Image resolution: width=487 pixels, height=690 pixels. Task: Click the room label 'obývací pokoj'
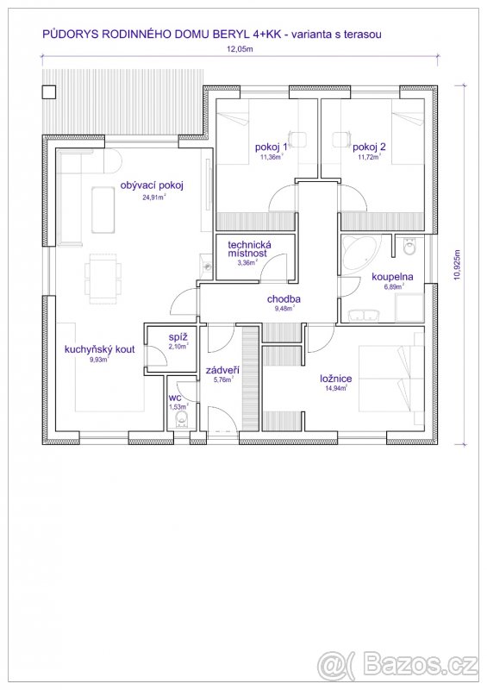152,185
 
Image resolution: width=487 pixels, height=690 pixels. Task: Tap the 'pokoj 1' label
271,147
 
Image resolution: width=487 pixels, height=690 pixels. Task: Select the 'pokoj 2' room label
369,147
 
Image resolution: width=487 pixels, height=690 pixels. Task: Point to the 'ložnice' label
336,379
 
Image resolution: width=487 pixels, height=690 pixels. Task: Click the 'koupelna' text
392,277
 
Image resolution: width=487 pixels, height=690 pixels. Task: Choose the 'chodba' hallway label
284,299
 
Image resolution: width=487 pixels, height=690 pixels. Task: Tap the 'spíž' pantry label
178,338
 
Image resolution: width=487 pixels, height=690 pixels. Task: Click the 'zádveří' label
222,371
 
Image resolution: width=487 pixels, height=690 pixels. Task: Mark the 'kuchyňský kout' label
99,350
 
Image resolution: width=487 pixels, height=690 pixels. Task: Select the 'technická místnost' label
249,249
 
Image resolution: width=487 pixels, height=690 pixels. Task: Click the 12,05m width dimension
240,49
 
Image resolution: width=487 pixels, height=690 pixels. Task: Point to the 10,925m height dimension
457,265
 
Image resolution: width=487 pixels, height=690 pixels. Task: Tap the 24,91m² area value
153,198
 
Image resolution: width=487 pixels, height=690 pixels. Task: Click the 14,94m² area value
336,388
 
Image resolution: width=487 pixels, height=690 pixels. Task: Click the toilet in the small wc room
181,420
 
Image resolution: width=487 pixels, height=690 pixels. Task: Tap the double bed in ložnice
391,379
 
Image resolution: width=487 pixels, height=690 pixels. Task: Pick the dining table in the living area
103,278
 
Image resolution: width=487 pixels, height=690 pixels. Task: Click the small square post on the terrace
49,92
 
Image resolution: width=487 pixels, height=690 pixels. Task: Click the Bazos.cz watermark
397,665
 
